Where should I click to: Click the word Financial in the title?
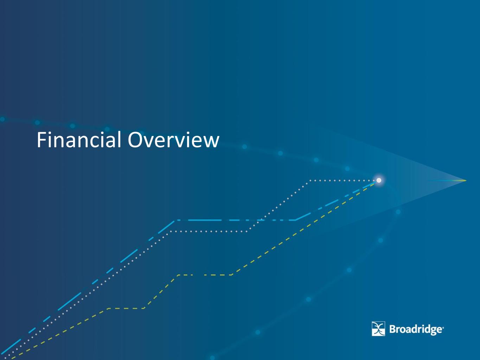click(x=79, y=140)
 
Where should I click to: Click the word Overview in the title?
click(x=173, y=140)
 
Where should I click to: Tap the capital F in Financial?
click(x=41, y=140)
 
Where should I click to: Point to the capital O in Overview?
click(x=136, y=140)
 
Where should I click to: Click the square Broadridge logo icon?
click(x=378, y=329)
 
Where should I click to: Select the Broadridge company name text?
click(x=416, y=329)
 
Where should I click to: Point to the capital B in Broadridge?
click(x=393, y=329)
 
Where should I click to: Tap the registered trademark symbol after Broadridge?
click(x=443, y=328)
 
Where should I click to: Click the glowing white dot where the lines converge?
click(x=379, y=180)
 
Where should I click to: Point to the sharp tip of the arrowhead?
click(x=466, y=181)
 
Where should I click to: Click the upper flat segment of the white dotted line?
click(x=342, y=181)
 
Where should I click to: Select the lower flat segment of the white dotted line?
click(x=209, y=231)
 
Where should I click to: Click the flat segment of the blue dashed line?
click(x=236, y=220)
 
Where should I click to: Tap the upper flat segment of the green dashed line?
click(x=205, y=275)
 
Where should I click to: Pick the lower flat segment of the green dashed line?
click(x=126, y=308)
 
